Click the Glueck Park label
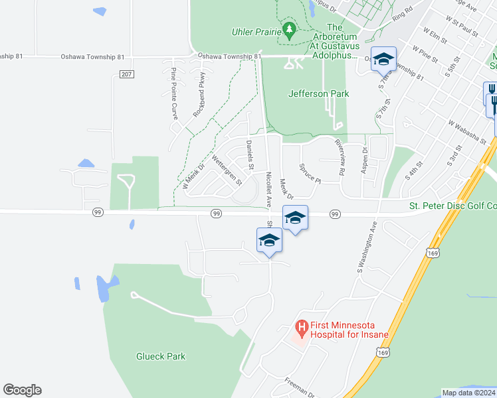[161, 356]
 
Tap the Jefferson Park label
[318, 94]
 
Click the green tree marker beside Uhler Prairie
[289, 30]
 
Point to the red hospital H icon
[301, 328]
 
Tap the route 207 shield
[126, 74]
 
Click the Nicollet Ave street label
[268, 186]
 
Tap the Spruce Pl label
[310, 174]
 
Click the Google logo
[22, 390]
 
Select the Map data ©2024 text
[468, 393]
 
